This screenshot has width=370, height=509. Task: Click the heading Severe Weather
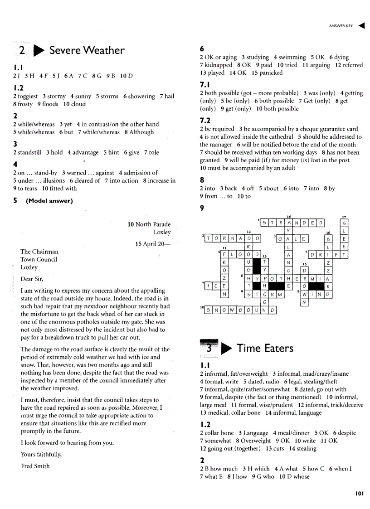87,50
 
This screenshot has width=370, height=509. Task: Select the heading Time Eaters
265,348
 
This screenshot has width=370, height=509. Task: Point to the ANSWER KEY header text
341,26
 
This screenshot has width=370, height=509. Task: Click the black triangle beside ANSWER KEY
361,26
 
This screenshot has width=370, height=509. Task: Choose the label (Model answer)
49,201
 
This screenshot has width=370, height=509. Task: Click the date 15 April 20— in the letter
153,244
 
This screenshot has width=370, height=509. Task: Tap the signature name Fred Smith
35,466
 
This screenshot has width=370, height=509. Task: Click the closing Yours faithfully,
41,454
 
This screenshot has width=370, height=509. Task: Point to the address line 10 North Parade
149,224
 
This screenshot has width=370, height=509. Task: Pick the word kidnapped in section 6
219,65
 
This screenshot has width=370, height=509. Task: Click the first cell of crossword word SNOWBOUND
208,310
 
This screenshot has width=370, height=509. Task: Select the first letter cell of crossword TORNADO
208,238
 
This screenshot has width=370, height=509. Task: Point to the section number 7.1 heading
204,84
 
